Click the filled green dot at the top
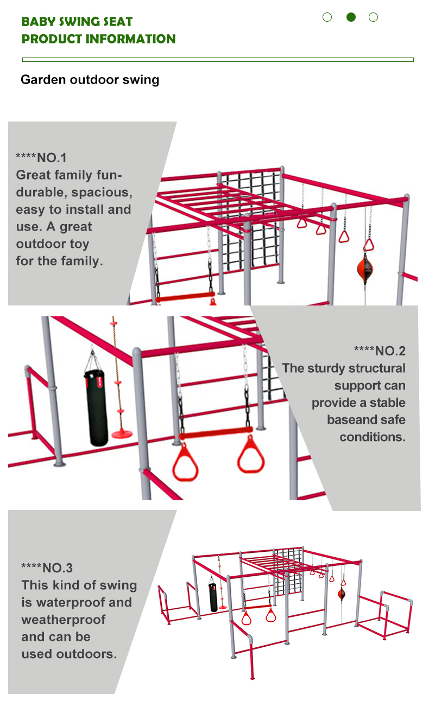351,17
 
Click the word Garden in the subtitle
43,80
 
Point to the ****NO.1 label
41,158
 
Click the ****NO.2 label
380,351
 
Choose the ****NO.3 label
47,568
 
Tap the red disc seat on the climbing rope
122,434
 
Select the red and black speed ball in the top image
365,268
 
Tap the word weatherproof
64,619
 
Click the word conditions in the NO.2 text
373,437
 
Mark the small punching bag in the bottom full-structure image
213,597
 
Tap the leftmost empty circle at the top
327,17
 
